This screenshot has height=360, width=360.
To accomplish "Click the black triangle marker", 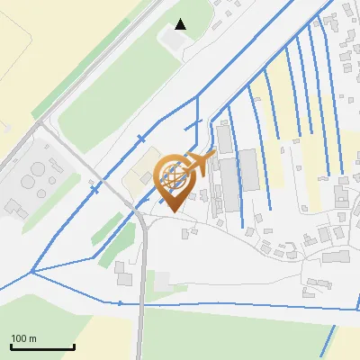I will tap(181, 24).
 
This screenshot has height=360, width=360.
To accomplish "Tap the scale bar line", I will tap(42, 347).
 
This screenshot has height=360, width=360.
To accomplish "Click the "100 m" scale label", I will tap(23, 338).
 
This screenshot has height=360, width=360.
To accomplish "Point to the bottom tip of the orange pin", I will tap(173, 212).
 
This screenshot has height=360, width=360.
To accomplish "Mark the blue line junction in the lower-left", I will tap(31, 272).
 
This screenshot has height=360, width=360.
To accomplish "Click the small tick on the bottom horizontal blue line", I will tap(121, 303).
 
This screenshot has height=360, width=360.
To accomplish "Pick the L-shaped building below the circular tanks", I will tap(15, 208).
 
